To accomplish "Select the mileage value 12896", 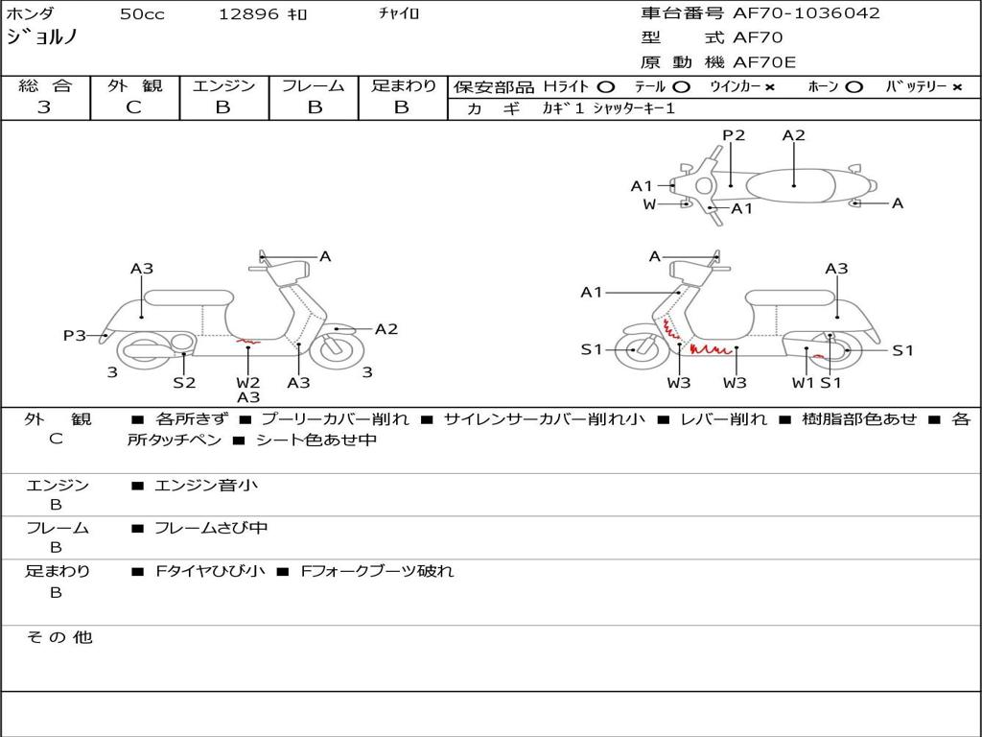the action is pyautogui.click(x=248, y=14).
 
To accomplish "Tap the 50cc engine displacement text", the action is pyautogui.click(x=142, y=14).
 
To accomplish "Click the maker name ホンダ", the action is pyautogui.click(x=30, y=13).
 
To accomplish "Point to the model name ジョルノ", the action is pyautogui.click(x=42, y=38).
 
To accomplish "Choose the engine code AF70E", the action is pyautogui.click(x=764, y=63).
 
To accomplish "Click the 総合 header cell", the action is pyautogui.click(x=45, y=85).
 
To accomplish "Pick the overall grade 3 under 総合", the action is pyautogui.click(x=44, y=107).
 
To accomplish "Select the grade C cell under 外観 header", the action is pyautogui.click(x=134, y=107).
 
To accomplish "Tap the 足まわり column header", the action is pyautogui.click(x=404, y=85).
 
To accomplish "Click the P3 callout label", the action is pyautogui.click(x=74, y=335).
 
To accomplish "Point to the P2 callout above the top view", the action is pyautogui.click(x=734, y=135).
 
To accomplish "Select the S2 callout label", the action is pyautogui.click(x=184, y=382).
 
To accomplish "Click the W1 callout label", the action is pyautogui.click(x=803, y=382).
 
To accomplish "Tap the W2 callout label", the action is pyautogui.click(x=248, y=382).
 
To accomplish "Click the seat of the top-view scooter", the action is pyautogui.click(x=794, y=182).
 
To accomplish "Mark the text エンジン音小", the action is pyautogui.click(x=206, y=486).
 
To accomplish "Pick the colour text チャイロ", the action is pyautogui.click(x=399, y=13).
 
